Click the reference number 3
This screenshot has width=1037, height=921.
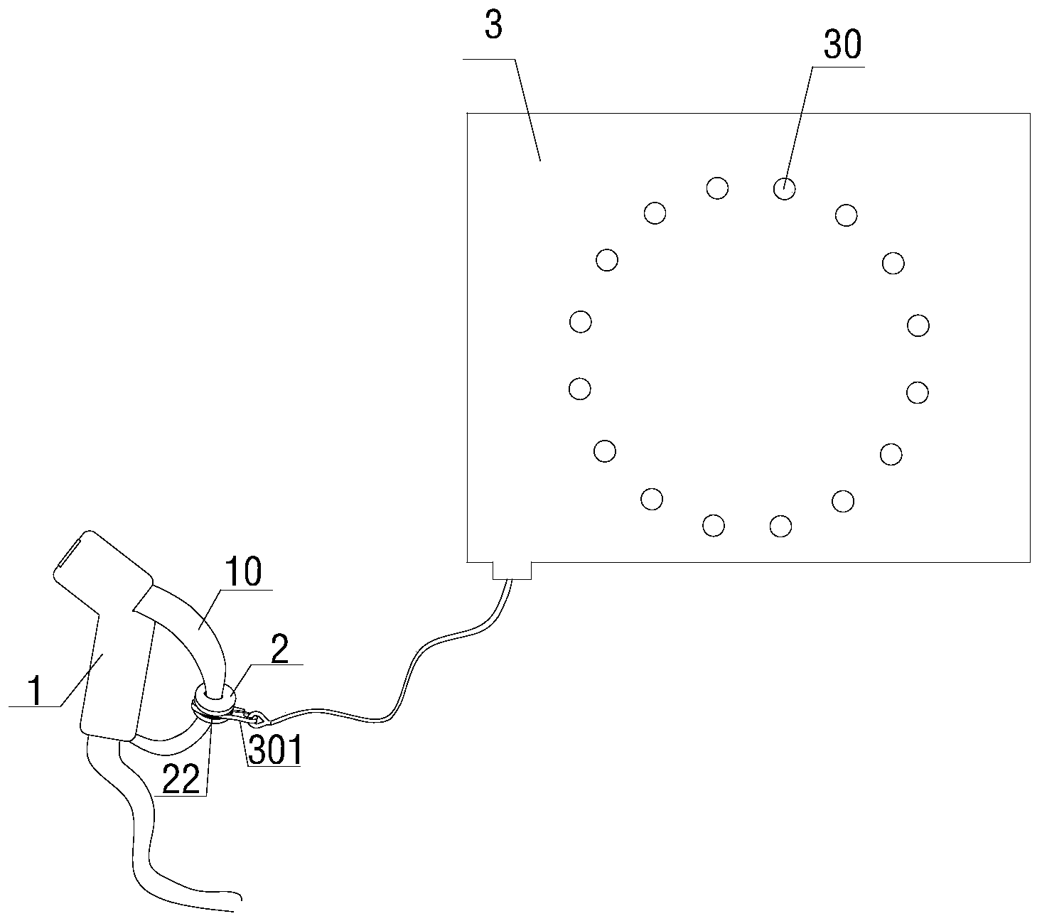493,26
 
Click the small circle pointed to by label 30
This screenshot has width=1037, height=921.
784,189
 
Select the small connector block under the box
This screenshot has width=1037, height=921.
512,570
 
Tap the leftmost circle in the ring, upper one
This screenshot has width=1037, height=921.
581,322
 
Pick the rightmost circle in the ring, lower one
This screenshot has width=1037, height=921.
918,392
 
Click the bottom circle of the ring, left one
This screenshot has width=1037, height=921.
713,526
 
